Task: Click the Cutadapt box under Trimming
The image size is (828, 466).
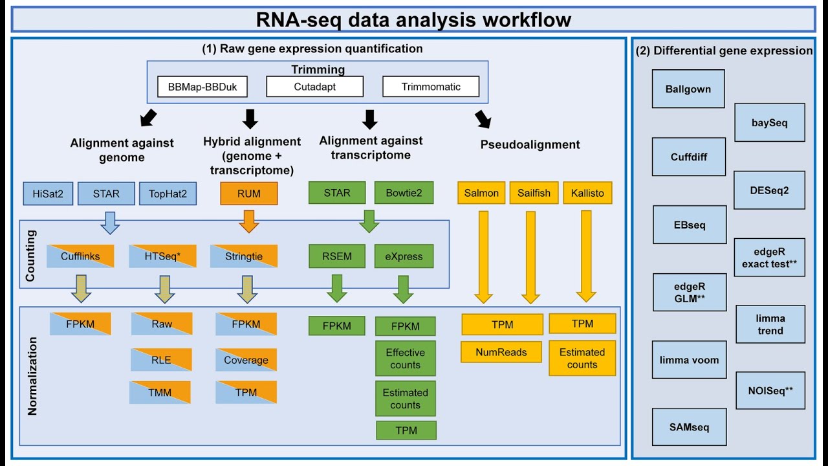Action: click(x=314, y=87)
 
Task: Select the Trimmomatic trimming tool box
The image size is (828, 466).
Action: click(x=431, y=87)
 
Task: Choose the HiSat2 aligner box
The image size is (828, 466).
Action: click(x=48, y=193)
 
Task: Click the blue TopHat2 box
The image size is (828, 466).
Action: click(x=168, y=193)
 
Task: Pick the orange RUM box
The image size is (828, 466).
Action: click(x=249, y=193)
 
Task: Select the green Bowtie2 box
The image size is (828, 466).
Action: click(x=404, y=193)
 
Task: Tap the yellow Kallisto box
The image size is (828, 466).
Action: click(x=587, y=193)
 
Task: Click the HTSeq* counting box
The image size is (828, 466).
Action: click(x=162, y=256)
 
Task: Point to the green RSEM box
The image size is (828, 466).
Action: click(x=336, y=256)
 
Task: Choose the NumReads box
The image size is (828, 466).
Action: click(x=501, y=352)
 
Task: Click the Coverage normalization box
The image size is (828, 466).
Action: click(x=246, y=360)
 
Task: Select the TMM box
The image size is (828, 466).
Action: click(x=160, y=392)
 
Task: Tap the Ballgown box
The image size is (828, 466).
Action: click(x=688, y=89)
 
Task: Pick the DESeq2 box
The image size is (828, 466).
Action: click(x=770, y=190)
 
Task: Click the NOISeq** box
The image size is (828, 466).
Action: click(x=770, y=390)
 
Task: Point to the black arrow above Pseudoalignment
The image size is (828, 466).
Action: click(x=483, y=120)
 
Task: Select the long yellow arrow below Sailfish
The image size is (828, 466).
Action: click(x=530, y=256)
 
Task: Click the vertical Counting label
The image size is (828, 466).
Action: click(x=31, y=255)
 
